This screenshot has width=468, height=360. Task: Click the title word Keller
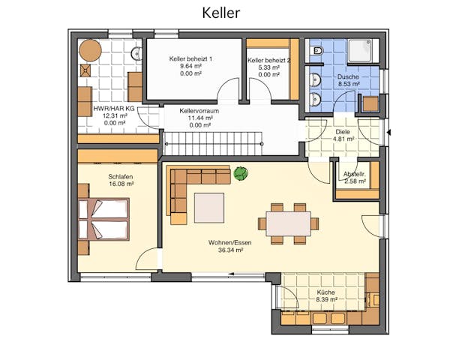[220, 13]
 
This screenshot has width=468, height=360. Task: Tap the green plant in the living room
[241, 174]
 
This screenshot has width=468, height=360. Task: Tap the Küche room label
[325, 292]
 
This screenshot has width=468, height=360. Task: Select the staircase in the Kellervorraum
[213, 141]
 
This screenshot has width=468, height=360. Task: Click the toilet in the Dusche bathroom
[317, 51]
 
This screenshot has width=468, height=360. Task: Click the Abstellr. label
[354, 174]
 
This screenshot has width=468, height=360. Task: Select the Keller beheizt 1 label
[191, 58]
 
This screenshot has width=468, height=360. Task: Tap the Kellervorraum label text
[199, 110]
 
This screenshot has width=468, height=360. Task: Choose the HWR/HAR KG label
[114, 109]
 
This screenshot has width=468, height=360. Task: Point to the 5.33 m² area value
[268, 67]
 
